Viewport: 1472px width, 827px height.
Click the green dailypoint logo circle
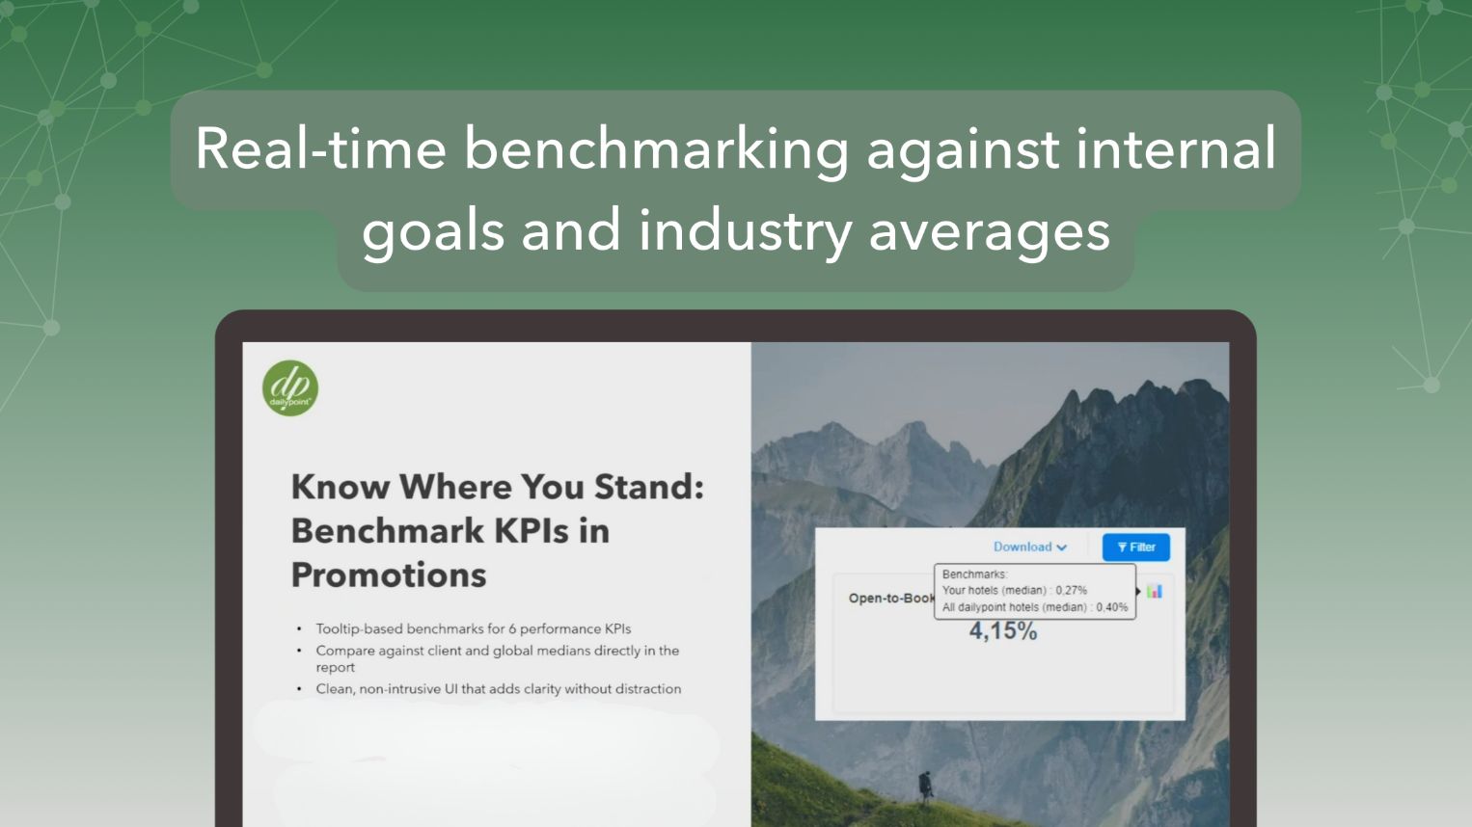pyautogui.click(x=290, y=388)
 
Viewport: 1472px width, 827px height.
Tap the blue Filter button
pyautogui.click(x=1136, y=547)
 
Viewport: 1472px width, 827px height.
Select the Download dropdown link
pyautogui.click(x=1030, y=547)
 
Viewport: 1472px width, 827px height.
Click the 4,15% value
pyautogui.click(x=1003, y=631)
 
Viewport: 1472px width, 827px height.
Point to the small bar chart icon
pyautogui.click(x=1155, y=591)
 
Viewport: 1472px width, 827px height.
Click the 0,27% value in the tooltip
pyautogui.click(x=1071, y=590)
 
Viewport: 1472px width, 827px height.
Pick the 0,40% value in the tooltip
pyautogui.click(x=1112, y=607)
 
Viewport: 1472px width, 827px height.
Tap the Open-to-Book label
pyautogui.click(x=891, y=598)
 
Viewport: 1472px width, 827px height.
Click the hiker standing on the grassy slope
pyautogui.click(x=925, y=787)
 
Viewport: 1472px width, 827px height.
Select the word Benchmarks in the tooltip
pyautogui.click(x=974, y=574)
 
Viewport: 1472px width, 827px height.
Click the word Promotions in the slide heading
pyautogui.click(x=389, y=574)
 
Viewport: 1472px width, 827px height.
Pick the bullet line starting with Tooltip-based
pyautogui.click(x=473, y=628)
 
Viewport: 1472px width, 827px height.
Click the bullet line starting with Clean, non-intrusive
pyautogui.click(x=498, y=688)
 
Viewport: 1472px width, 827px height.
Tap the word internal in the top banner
pyautogui.click(x=1176, y=148)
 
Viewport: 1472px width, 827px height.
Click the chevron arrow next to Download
pyautogui.click(x=1061, y=547)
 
